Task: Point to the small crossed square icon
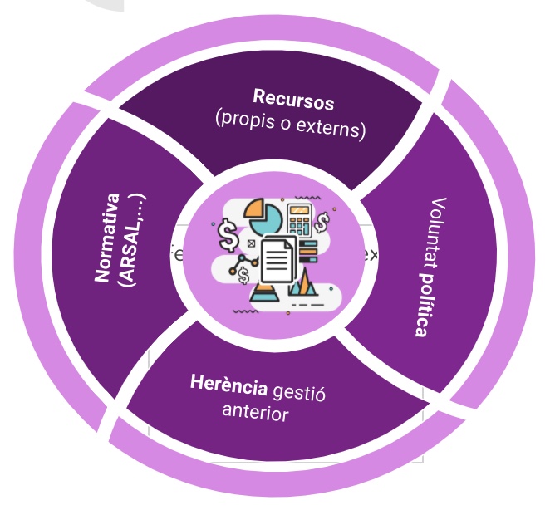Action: [x=251, y=243]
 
